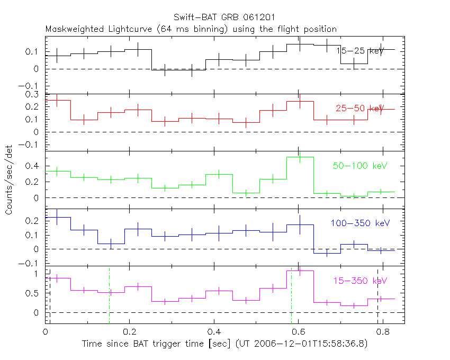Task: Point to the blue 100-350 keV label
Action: tap(356, 223)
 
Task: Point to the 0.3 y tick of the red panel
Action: tap(33, 94)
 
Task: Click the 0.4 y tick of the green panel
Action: tap(33, 166)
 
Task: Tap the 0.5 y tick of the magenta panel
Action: tap(33, 294)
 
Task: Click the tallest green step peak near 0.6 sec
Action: tap(300, 157)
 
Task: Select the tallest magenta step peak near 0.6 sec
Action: tap(300, 271)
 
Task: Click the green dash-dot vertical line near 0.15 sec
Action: tap(109, 296)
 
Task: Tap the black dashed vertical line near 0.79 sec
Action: tap(377, 296)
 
